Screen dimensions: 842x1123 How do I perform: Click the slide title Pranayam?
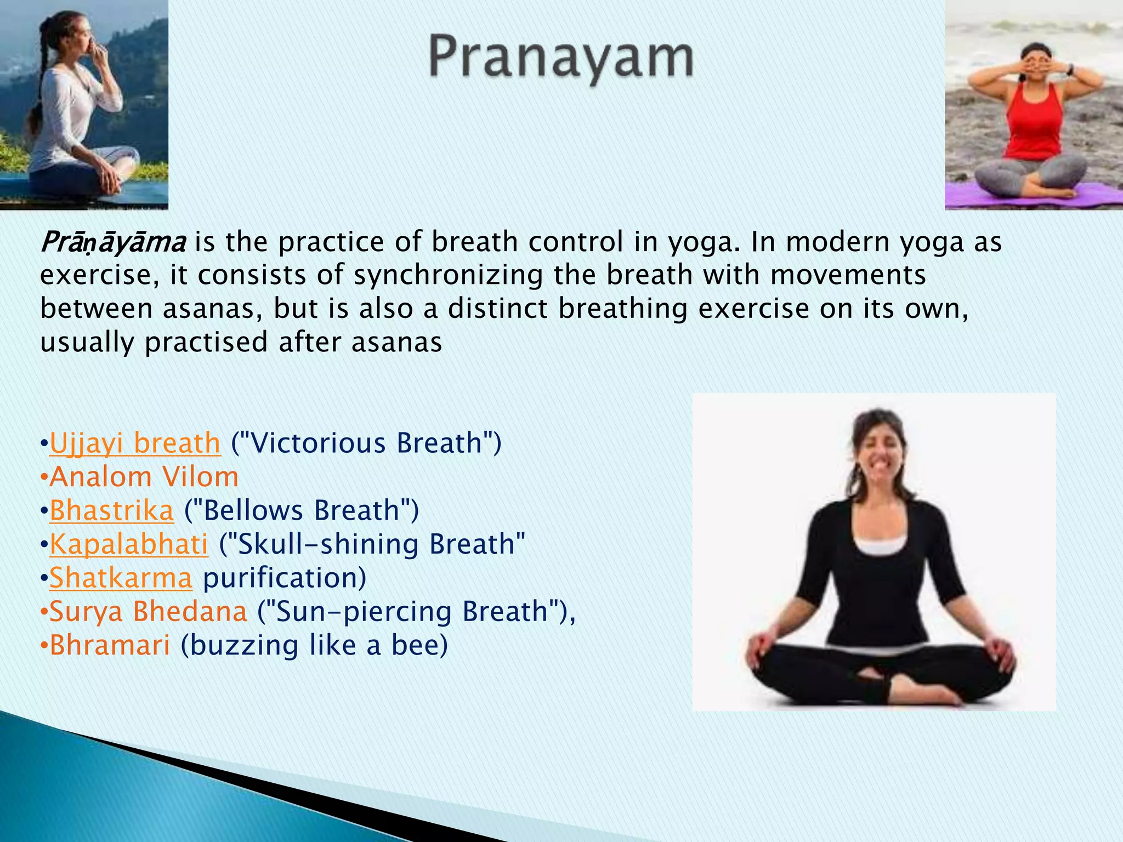click(560, 58)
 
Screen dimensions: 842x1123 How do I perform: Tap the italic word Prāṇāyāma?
click(113, 242)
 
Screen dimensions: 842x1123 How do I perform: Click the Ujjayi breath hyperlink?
click(135, 443)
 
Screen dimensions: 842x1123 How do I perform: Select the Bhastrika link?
click(112, 510)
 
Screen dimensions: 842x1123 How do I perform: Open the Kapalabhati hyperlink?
click(129, 544)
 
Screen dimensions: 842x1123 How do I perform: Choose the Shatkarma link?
click(121, 578)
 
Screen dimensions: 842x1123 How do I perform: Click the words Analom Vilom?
click(144, 477)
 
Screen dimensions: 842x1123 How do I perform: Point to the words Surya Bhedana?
click(148, 611)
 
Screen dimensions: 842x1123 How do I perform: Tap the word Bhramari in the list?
click(110, 645)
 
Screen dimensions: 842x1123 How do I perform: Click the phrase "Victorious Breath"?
click(366, 443)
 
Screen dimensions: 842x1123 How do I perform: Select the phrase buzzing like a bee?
click(314, 645)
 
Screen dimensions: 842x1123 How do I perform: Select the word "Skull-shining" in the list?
click(328, 544)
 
